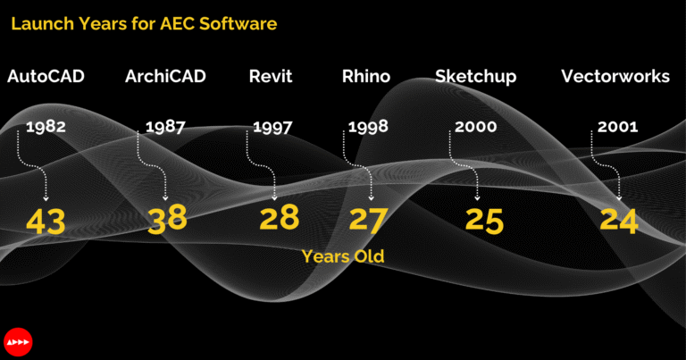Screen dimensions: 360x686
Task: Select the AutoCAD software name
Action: click(x=46, y=77)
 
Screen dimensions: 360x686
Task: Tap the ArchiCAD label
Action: click(x=165, y=77)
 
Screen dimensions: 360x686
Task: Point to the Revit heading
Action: click(x=271, y=77)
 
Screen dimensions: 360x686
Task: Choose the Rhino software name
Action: click(x=366, y=77)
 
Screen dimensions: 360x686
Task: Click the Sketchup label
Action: click(x=475, y=77)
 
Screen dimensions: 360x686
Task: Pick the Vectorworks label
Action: click(x=615, y=77)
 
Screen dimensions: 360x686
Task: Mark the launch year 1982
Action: click(x=46, y=127)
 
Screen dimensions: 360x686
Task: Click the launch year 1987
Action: click(x=165, y=127)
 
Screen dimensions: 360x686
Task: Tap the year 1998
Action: click(x=368, y=127)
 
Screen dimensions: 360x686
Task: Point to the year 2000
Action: click(x=476, y=127)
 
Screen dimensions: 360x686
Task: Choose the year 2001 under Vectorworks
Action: click(x=616, y=127)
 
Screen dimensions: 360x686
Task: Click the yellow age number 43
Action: click(x=46, y=221)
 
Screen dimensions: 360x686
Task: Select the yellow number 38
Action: click(x=167, y=220)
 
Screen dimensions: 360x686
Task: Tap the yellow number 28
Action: click(x=279, y=219)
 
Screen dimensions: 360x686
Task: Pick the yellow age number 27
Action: click(x=369, y=220)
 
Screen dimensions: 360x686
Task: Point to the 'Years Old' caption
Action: click(x=343, y=256)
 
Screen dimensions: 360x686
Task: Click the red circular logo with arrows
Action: click(x=18, y=342)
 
